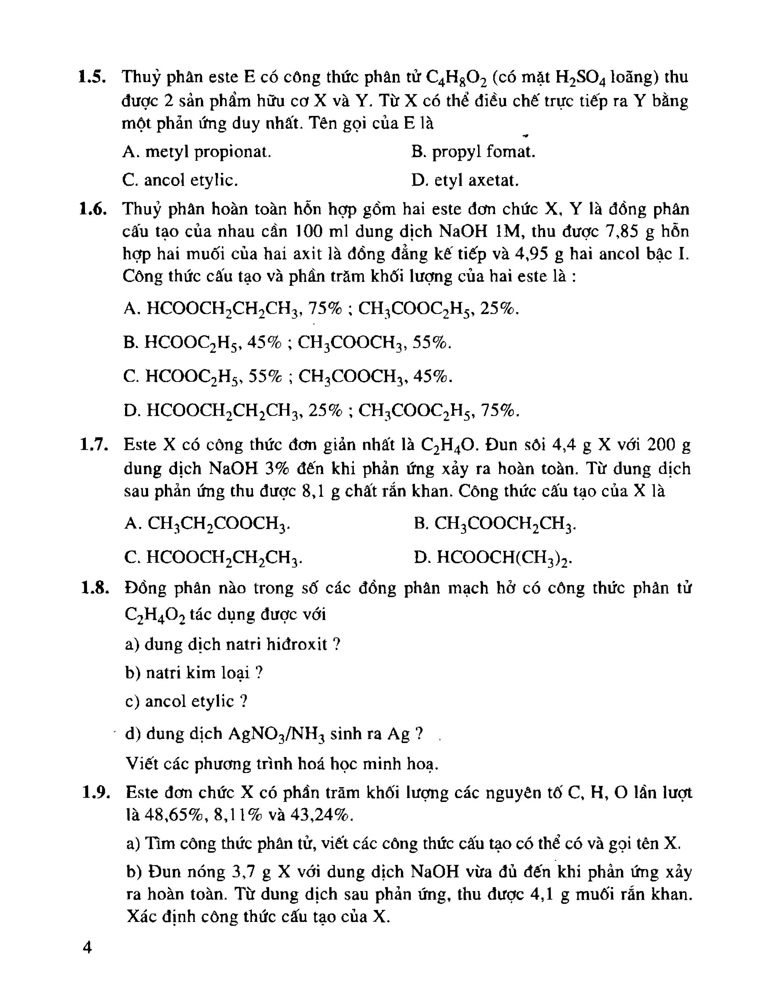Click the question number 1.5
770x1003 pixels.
tap(92, 77)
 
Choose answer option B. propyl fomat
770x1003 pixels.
tap(473, 152)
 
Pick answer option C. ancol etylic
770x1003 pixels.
tap(180, 181)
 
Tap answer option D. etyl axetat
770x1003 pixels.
tap(465, 181)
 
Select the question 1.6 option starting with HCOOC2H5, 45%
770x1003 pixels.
tap(287, 343)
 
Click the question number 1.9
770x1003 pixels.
tap(95, 792)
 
